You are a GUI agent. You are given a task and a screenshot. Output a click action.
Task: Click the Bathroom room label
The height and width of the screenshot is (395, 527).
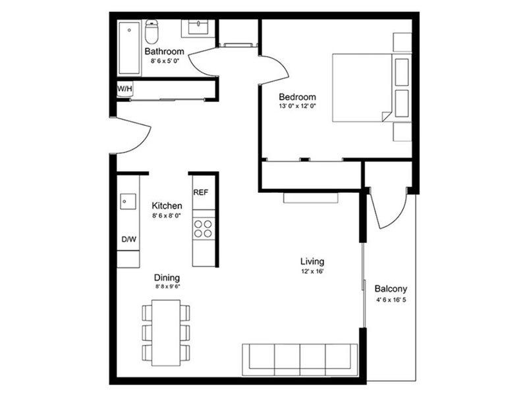[x=164, y=51]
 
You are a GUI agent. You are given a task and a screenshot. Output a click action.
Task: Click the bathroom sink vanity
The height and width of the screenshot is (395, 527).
[x=198, y=28]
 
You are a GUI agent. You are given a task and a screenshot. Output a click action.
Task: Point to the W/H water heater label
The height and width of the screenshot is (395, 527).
[x=124, y=88]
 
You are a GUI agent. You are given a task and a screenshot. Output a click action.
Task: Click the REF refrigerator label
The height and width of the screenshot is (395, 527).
[x=200, y=193]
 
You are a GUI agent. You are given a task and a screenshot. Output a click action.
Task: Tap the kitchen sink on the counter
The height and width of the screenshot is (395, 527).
[x=127, y=199]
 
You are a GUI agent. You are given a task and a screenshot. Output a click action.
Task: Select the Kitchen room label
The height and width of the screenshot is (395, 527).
[x=167, y=206]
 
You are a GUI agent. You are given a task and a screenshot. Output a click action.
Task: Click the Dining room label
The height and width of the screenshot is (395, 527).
[x=167, y=277]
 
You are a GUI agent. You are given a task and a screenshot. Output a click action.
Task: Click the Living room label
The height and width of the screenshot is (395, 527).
[x=312, y=261]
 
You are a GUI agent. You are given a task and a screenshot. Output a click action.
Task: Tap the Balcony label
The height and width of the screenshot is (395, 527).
[x=391, y=288]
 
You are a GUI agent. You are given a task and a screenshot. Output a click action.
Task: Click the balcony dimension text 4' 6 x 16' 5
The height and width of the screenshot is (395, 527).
[x=391, y=300]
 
